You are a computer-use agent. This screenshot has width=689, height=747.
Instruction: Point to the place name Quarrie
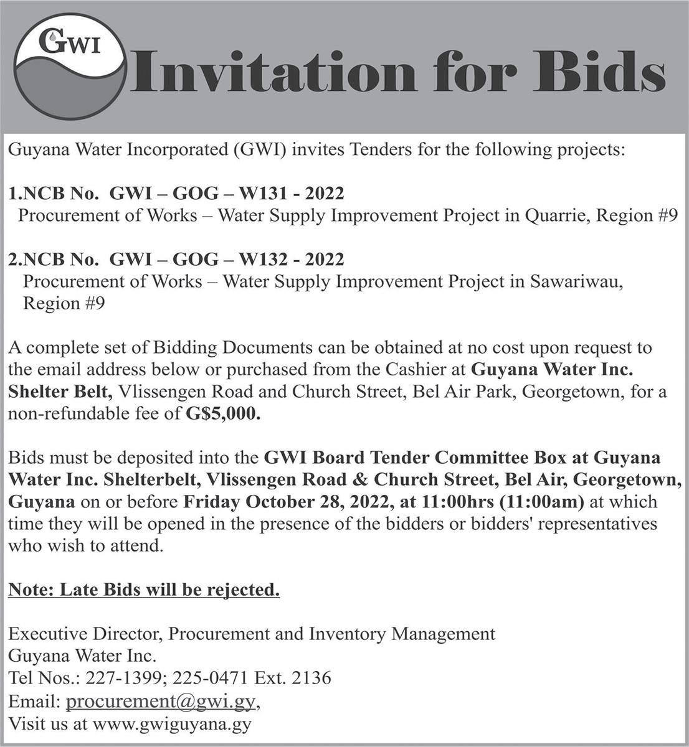(558, 216)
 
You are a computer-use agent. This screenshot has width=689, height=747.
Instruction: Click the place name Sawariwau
(576, 281)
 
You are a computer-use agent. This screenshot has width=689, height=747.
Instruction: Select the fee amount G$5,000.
(222, 414)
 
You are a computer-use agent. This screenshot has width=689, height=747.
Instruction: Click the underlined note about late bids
(144, 589)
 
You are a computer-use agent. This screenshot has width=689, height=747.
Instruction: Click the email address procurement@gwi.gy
(161, 702)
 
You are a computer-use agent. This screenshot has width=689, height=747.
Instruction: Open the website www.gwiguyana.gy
(172, 724)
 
